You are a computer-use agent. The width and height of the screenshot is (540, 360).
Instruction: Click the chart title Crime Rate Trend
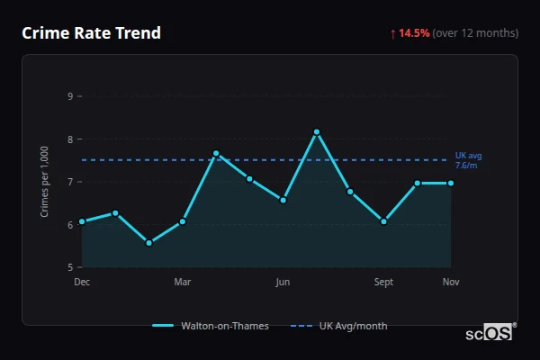click(91, 33)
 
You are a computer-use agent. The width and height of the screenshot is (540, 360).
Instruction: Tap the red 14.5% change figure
click(415, 33)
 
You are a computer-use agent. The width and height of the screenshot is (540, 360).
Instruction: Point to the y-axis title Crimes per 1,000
click(44, 180)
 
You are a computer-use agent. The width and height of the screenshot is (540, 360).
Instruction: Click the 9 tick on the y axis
click(69, 96)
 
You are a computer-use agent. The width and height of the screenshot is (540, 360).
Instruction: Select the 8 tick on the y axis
click(69, 139)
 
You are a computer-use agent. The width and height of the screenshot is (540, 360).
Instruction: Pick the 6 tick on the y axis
click(69, 225)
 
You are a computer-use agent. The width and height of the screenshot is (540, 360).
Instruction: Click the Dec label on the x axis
click(82, 282)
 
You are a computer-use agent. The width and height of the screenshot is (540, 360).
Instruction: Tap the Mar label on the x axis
click(183, 282)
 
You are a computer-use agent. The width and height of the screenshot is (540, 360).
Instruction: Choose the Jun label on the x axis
click(283, 282)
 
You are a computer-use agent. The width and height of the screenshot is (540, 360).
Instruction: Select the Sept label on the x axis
click(383, 282)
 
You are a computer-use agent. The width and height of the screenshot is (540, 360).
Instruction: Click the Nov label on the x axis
click(451, 282)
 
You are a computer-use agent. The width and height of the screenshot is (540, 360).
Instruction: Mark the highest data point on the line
click(317, 132)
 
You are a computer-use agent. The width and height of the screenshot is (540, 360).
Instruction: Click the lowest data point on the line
click(148, 243)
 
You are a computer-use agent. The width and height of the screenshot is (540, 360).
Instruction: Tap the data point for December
click(82, 221)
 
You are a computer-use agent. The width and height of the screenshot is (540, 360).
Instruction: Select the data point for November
click(451, 184)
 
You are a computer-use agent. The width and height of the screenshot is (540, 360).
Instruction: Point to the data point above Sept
click(383, 221)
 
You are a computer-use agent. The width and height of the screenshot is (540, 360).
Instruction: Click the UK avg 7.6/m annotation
click(468, 160)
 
